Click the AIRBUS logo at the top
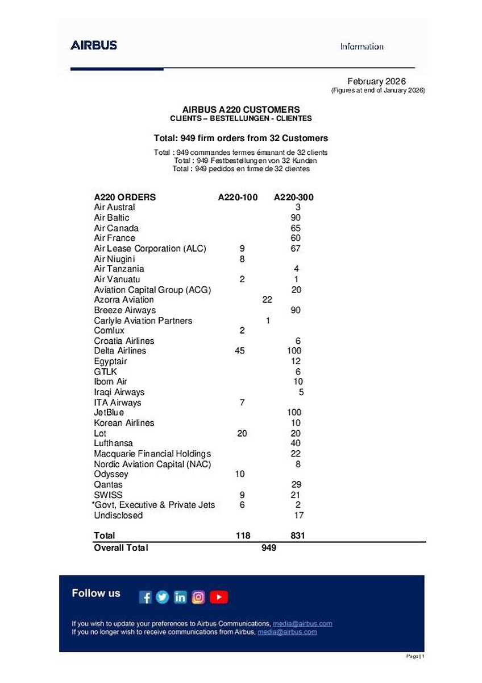[x=94, y=45]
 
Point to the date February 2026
[x=376, y=82]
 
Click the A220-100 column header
[x=238, y=198]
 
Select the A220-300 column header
[x=294, y=198]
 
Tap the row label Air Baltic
[x=111, y=217]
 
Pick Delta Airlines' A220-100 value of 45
[x=239, y=351]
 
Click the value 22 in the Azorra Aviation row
[x=268, y=299]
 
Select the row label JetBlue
[x=109, y=412]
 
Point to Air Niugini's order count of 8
[x=242, y=258]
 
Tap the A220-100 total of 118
[x=243, y=536]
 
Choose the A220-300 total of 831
[x=297, y=536]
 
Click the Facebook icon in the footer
[x=146, y=597]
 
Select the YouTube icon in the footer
[x=219, y=597]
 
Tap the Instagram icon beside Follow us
[x=198, y=597]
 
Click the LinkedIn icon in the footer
[x=180, y=597]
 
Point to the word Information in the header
[x=361, y=47]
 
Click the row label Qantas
[x=108, y=484]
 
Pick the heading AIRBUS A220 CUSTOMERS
[x=241, y=109]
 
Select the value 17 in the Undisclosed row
[x=298, y=515]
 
